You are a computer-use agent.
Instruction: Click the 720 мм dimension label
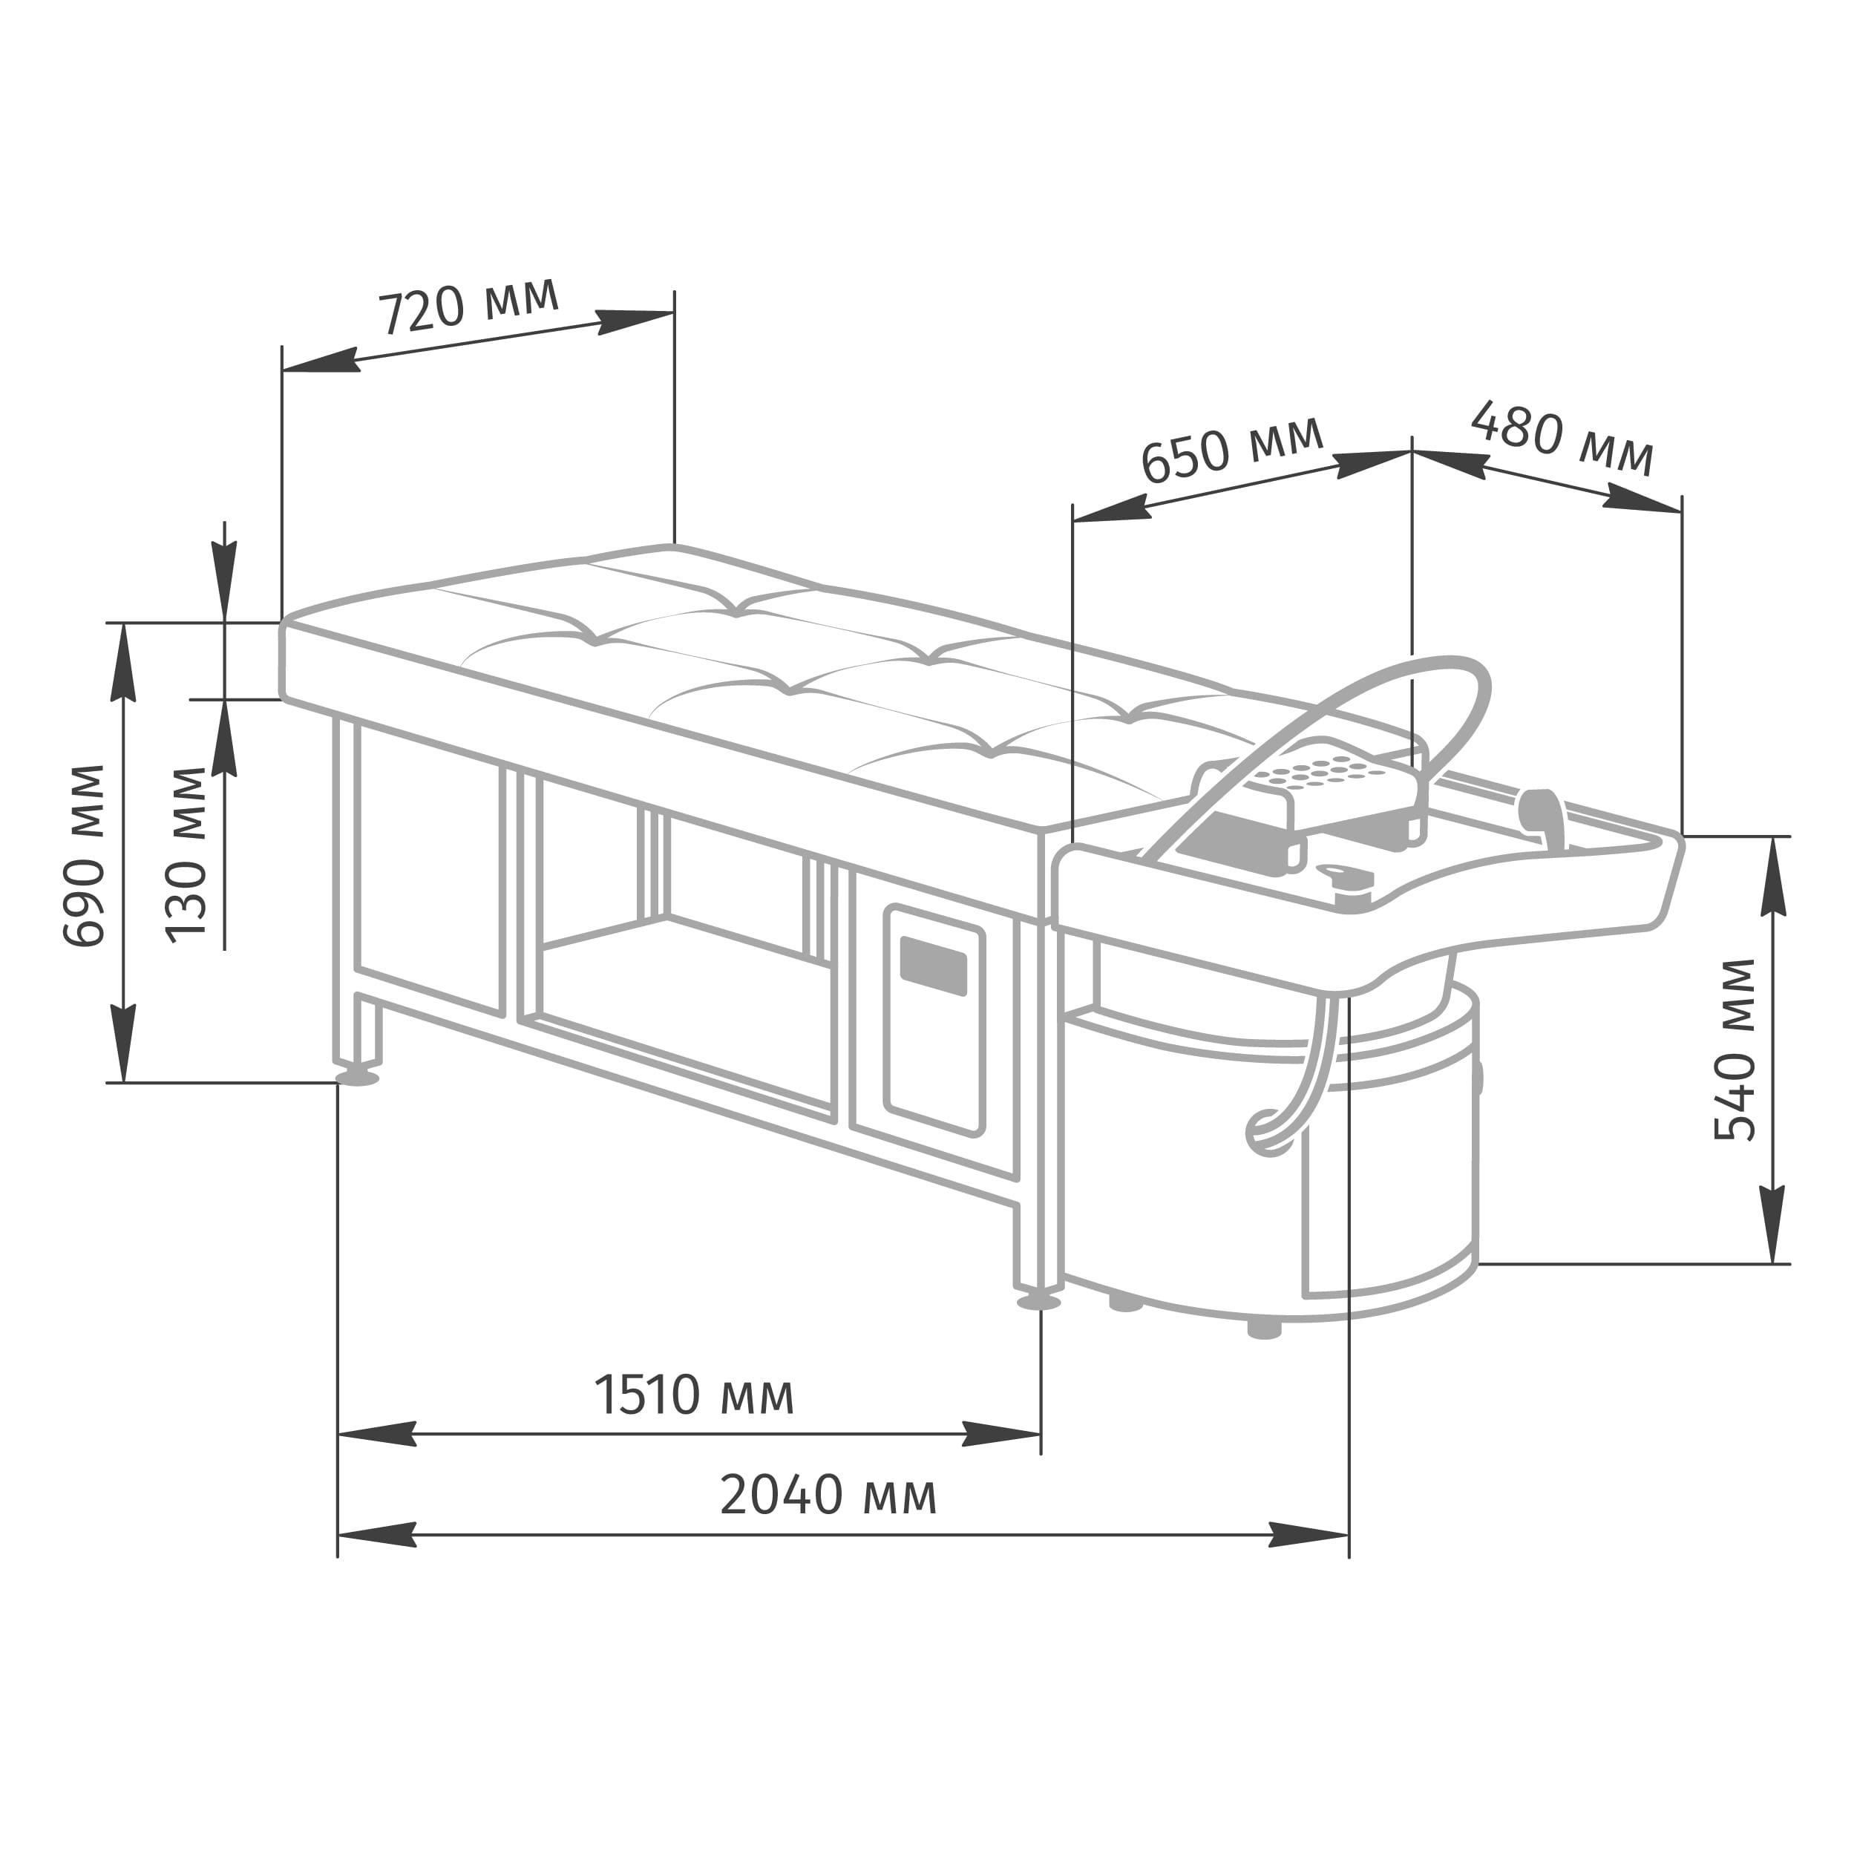[x=468, y=306]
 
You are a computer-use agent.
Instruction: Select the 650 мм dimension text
[x=1232, y=450]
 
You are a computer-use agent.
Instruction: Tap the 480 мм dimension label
[x=1562, y=439]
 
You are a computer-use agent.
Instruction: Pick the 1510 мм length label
[x=694, y=1395]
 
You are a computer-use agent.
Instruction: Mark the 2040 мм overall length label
[x=828, y=1496]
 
